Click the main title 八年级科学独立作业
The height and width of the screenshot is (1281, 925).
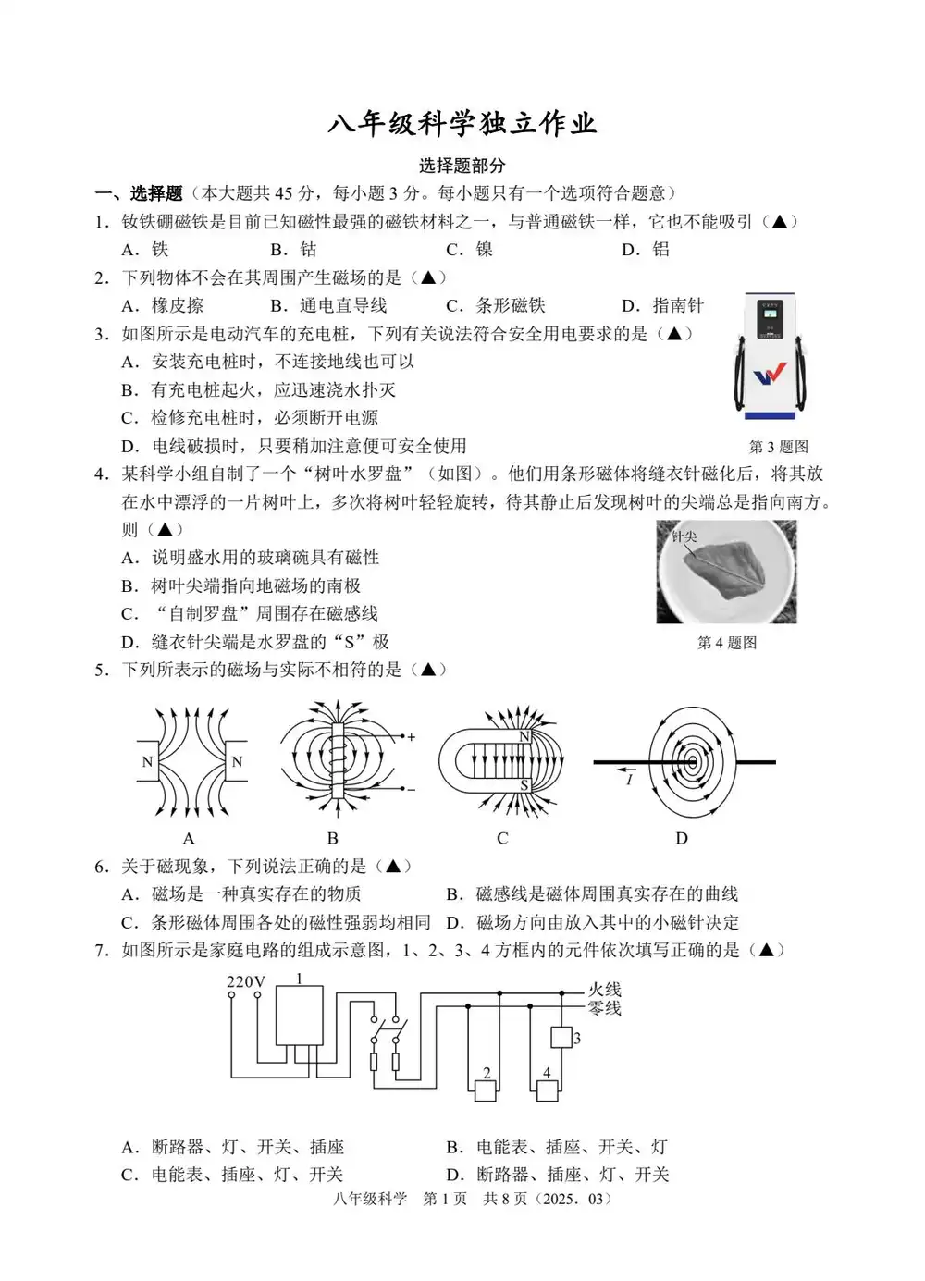tap(462, 124)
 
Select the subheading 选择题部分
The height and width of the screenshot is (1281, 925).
tap(462, 166)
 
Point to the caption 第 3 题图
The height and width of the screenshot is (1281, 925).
tap(778, 447)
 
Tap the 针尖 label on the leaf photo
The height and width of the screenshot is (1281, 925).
tap(684, 536)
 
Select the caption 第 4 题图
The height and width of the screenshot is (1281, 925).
tap(727, 643)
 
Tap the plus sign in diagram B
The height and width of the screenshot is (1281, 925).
tap(412, 737)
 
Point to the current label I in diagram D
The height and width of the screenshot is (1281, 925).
tap(629, 780)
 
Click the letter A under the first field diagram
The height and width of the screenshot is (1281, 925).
tap(189, 839)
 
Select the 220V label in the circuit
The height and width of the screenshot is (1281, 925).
tap(246, 982)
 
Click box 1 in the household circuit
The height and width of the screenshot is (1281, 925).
tap(299, 1015)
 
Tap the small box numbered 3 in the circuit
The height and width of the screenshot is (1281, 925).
tap(561, 1038)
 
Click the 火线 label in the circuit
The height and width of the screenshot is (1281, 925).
tap(605, 990)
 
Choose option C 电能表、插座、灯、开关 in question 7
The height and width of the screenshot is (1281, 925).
tap(233, 1175)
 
